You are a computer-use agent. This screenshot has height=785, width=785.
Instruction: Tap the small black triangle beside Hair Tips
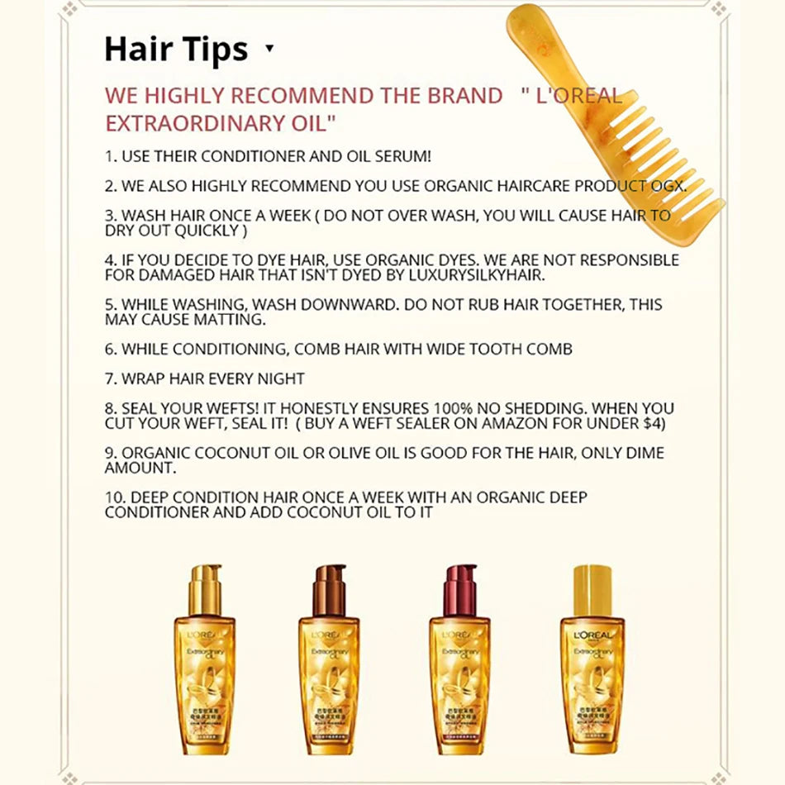(x=270, y=48)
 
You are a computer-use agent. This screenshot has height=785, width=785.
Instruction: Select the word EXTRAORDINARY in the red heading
(x=188, y=123)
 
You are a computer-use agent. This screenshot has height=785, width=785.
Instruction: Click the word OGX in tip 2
(x=668, y=186)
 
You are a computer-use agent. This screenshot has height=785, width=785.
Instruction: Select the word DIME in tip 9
(x=644, y=453)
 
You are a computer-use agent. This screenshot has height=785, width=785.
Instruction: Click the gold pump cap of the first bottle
(x=205, y=590)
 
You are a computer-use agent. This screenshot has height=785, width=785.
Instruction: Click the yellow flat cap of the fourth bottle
(x=592, y=591)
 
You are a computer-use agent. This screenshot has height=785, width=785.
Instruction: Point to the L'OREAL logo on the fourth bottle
(x=593, y=635)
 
